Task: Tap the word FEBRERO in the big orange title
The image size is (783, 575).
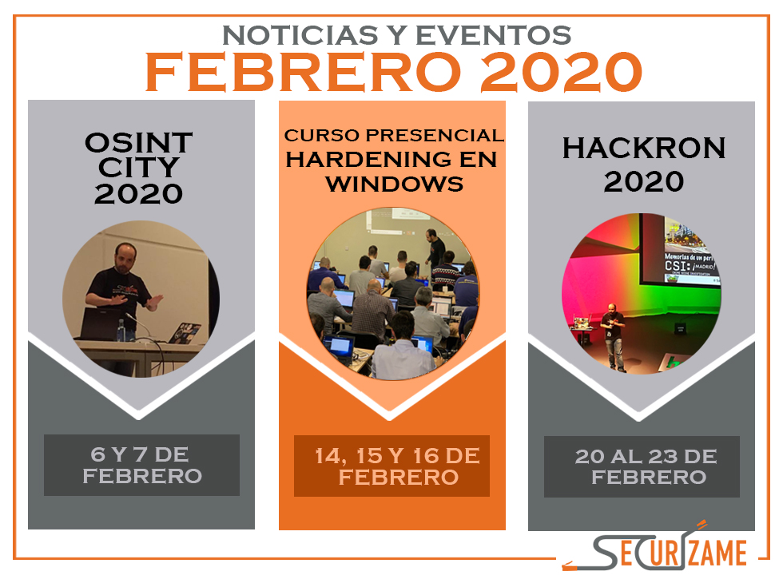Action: (303, 73)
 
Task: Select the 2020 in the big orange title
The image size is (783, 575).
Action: (561, 73)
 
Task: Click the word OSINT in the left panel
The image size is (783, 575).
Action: (139, 143)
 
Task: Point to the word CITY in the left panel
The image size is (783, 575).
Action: (138, 167)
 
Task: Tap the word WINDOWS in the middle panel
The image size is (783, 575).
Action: (395, 184)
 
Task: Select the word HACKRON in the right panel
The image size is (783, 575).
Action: (644, 149)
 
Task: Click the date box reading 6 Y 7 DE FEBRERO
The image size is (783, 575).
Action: (142, 465)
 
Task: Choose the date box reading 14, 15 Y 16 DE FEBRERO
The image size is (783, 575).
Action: (391, 466)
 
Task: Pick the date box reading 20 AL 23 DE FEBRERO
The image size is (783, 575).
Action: (642, 466)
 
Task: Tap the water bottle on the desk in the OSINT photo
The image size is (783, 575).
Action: (121, 331)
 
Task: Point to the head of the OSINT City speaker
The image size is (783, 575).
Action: (125, 257)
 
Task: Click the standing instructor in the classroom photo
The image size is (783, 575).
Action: (435, 248)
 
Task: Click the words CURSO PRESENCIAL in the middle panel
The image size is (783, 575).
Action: (394, 135)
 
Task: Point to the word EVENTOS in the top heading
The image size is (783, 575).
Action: (494, 35)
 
